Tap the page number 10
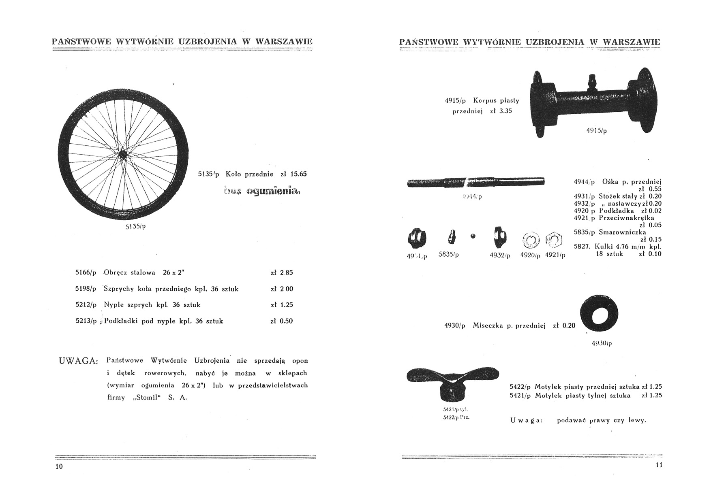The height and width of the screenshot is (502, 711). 59,466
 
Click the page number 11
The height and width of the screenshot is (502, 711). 658,465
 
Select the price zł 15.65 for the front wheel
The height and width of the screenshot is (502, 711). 293,174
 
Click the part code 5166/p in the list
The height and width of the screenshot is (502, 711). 86,272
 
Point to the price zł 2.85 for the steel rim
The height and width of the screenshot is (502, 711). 281,272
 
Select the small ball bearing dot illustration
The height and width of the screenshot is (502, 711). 473,236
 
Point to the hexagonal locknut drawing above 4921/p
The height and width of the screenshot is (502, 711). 554,241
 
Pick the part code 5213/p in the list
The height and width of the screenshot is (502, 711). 86,321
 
